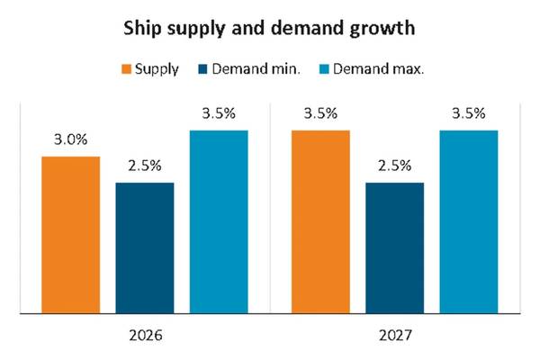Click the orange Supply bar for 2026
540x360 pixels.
(x=71, y=235)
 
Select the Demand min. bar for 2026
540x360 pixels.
(x=145, y=248)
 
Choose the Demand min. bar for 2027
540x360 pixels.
(x=395, y=248)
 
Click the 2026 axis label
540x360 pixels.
(x=145, y=339)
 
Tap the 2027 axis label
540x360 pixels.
(x=395, y=339)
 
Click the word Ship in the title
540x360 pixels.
(x=142, y=30)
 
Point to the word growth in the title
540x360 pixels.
(x=384, y=30)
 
